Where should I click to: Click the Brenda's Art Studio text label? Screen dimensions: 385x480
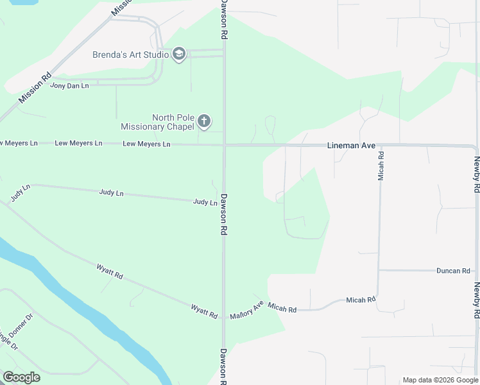point(130,55)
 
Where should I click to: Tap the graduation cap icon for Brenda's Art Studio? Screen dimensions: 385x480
point(179,55)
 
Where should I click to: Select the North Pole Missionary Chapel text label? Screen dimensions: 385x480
point(157,122)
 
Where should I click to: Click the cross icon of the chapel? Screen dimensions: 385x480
point(204,121)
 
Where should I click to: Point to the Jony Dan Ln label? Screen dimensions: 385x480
point(69,85)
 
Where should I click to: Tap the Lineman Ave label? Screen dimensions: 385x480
point(351,146)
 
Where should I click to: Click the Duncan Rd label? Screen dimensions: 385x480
point(453,271)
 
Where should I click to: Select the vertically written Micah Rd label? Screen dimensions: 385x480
point(381,164)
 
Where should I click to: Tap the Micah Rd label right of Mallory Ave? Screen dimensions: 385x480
point(282,309)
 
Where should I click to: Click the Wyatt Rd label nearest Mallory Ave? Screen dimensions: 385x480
point(204,311)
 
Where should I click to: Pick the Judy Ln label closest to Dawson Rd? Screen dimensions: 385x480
point(205,202)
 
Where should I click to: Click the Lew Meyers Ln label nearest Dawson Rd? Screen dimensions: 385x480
point(146,144)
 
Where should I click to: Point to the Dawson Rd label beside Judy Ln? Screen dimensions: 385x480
point(224,214)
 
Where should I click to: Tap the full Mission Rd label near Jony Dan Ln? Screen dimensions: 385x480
point(35,88)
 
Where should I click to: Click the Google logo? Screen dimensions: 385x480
point(21,377)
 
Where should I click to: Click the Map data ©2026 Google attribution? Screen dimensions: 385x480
point(440,380)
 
